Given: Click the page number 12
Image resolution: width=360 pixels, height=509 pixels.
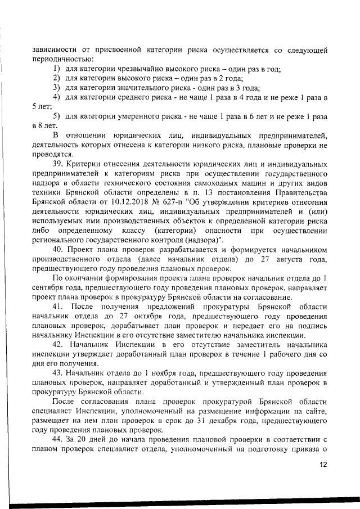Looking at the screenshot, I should pyautogui.click(x=323, y=465).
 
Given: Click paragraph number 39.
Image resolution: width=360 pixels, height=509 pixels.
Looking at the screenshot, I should pyautogui.click(x=58, y=164).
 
